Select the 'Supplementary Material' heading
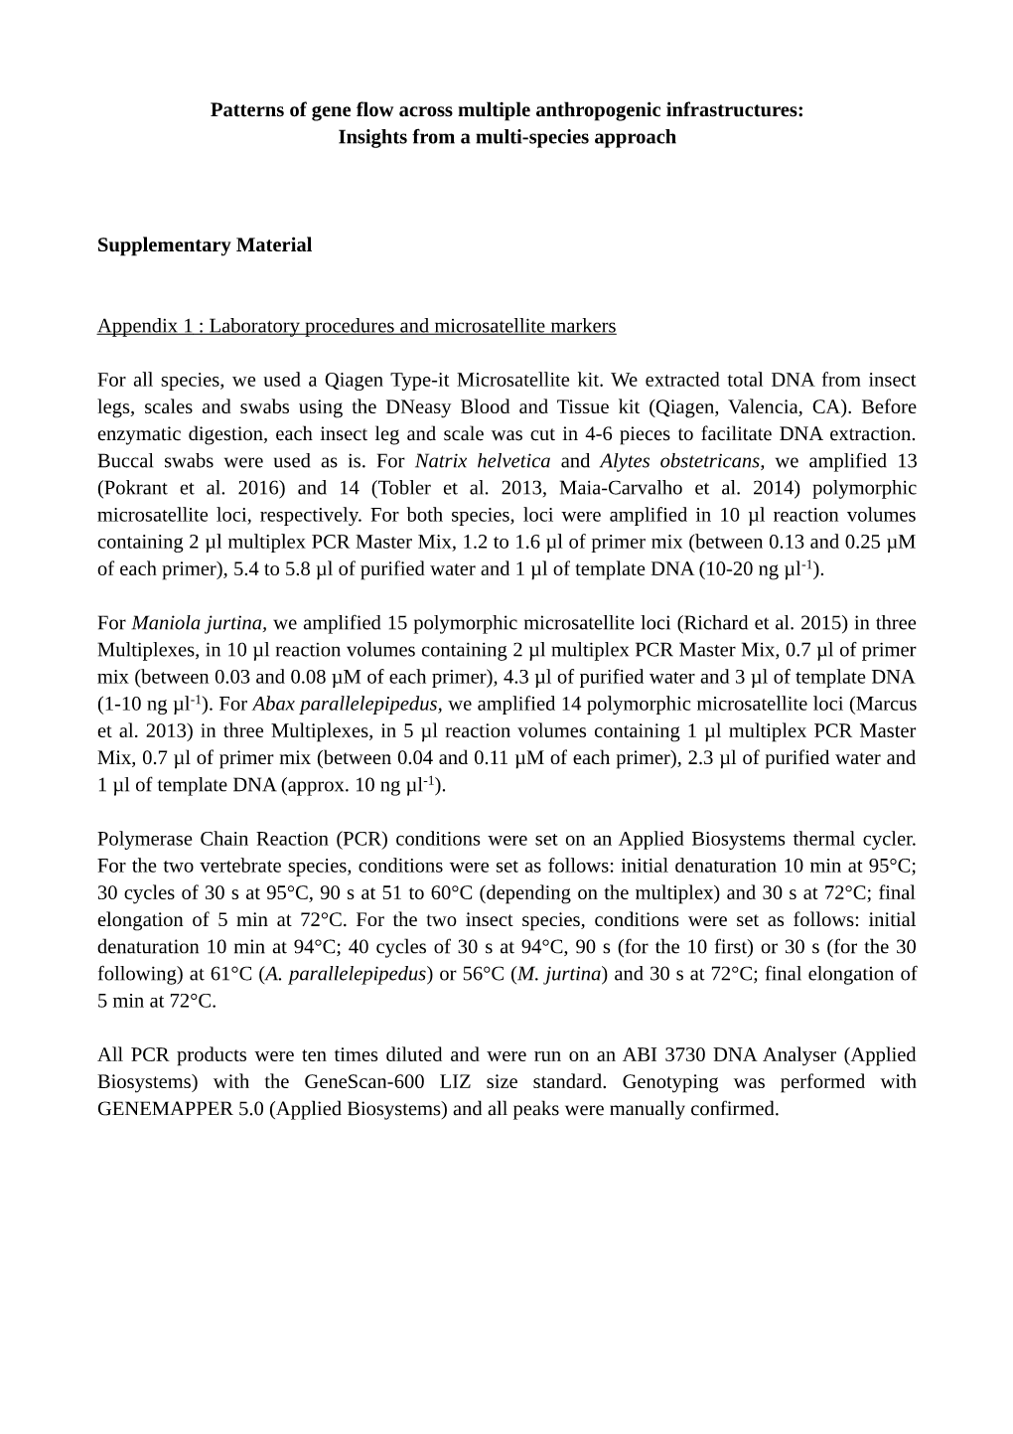point(205,245)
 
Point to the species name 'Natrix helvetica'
point(483,461)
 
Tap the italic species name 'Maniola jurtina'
point(197,623)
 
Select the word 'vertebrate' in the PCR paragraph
point(244,866)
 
